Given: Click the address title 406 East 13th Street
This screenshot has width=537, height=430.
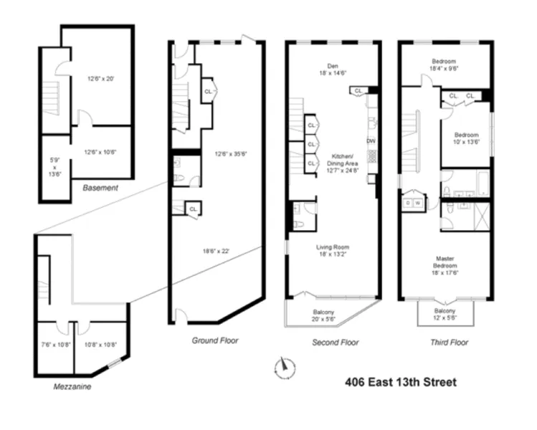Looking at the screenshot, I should click(401, 382).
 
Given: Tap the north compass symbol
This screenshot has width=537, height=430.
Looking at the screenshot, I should click(284, 368).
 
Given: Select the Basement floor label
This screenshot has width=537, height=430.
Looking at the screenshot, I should click(100, 188).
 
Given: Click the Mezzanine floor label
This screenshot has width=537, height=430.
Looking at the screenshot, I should click(72, 386).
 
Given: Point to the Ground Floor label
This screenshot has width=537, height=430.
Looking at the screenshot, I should click(215, 340).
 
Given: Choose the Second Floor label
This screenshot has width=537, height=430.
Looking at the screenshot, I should click(335, 343).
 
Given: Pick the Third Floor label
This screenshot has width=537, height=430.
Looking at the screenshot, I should click(449, 343).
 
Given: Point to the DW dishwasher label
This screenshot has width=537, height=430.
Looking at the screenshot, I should click(371, 140).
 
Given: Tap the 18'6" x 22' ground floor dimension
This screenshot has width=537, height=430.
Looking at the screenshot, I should click(217, 252).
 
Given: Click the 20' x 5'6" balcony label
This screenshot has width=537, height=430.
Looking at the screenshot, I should click(329, 315).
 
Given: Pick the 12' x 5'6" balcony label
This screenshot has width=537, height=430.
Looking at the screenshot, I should click(444, 314).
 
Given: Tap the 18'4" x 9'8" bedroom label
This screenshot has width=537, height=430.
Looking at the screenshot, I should click(445, 65).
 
